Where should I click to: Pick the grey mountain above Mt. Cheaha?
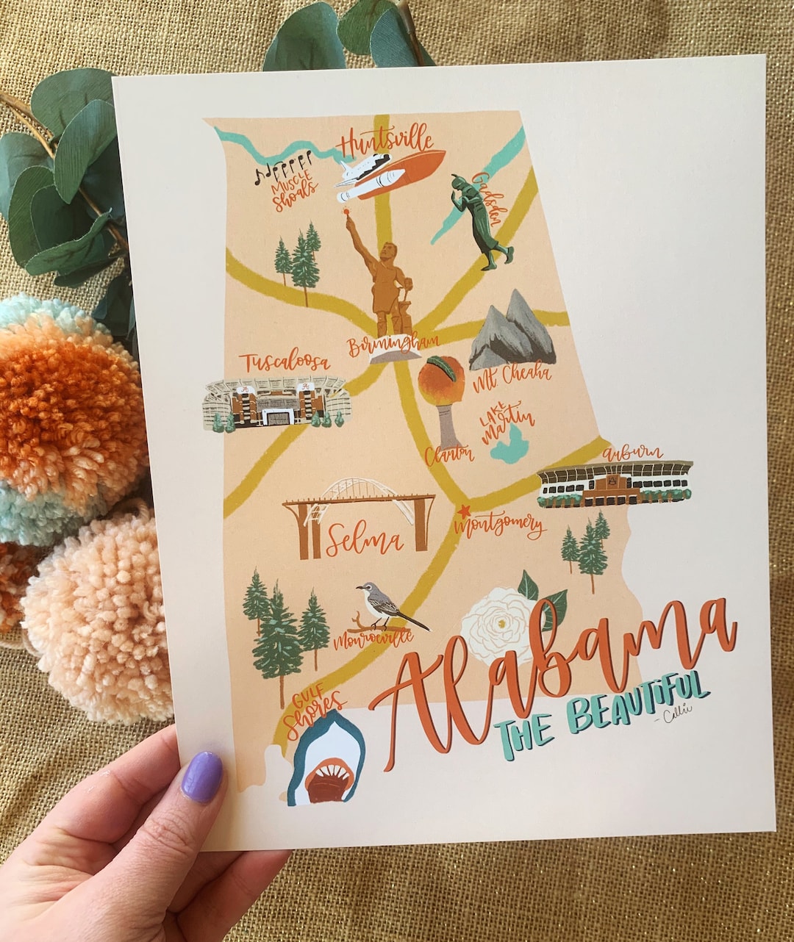[x=512, y=331]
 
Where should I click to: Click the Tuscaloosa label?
[x=285, y=362]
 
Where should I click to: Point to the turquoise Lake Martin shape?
[x=512, y=445]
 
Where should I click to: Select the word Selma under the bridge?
[x=365, y=542]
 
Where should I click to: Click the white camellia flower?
[x=500, y=625]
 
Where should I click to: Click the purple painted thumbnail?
[x=201, y=777]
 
